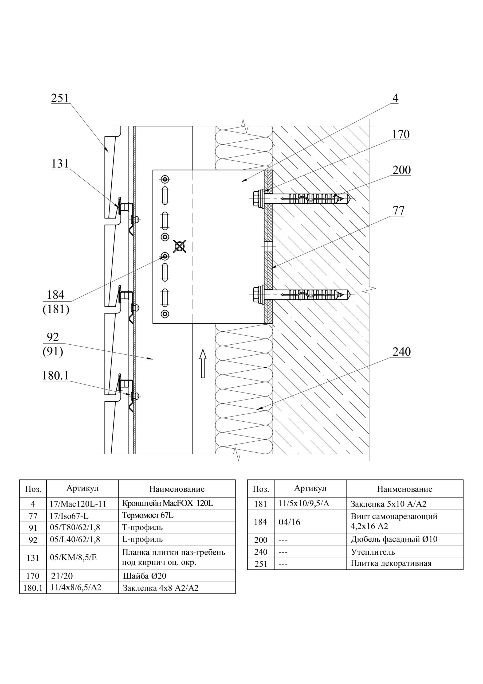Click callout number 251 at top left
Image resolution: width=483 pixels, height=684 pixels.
coord(60,98)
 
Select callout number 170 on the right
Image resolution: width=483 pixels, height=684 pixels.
coord(400,135)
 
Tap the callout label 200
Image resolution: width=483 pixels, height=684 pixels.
coord(401,170)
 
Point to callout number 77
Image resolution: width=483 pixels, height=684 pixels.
coord(398,211)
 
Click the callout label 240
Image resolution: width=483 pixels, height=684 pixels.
coord(401,352)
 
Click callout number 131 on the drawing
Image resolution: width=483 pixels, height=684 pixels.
coord(60,164)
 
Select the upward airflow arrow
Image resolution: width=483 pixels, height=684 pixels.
coord(203,363)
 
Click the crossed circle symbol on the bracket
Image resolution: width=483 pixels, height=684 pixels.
coord(180,246)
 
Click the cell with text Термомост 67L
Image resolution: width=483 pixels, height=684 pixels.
coord(148,515)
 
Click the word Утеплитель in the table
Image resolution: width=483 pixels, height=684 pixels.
coord(372,552)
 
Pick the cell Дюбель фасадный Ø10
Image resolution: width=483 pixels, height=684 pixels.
coord(394,539)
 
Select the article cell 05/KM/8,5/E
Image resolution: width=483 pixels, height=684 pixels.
coord(73,557)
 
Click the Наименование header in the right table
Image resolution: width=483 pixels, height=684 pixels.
coord(405,489)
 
